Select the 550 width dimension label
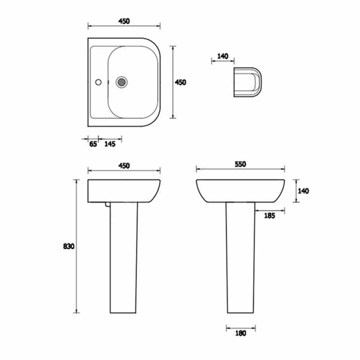point(240,164)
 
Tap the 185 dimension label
point(270,216)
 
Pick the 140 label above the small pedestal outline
point(223,56)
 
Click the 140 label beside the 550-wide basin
point(303,191)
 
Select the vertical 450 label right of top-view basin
point(180,82)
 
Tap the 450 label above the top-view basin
point(124,21)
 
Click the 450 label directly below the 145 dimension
point(124,166)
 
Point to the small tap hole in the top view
point(99,82)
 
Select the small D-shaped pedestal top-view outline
point(247,82)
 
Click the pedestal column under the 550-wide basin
point(240,256)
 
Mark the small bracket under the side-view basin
point(107,204)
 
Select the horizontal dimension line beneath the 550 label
point(241,170)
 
